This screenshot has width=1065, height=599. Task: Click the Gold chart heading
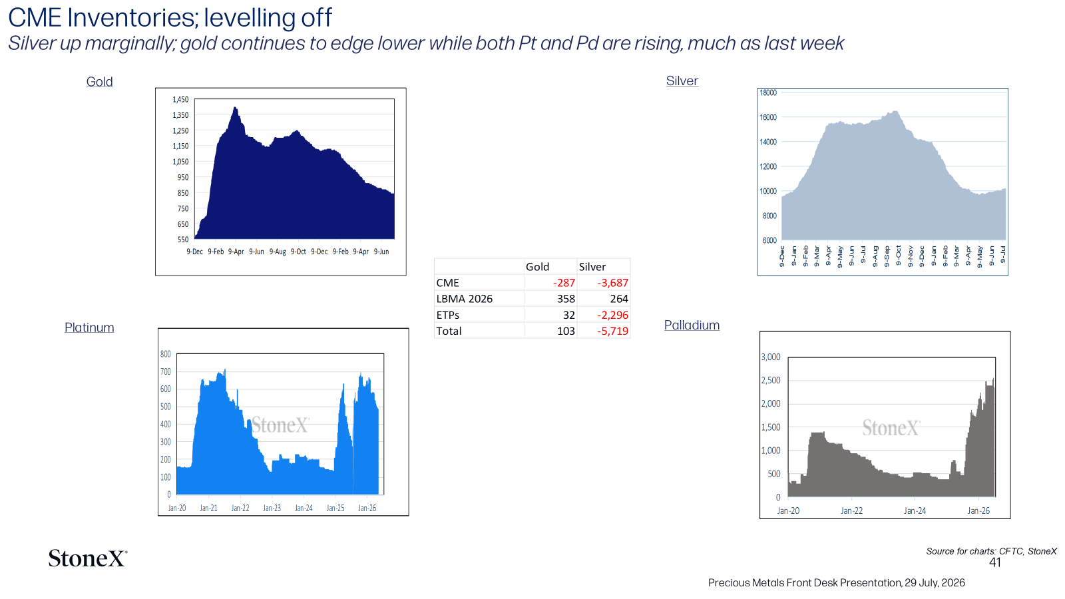click(99, 82)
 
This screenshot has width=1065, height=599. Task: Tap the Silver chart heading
click(682, 81)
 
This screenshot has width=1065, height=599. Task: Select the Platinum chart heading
click(89, 327)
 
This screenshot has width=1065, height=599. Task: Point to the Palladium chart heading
click(692, 325)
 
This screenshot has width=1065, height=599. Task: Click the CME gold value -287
click(564, 283)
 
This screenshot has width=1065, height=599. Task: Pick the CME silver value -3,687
click(612, 283)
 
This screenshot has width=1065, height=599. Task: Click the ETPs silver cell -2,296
click(612, 315)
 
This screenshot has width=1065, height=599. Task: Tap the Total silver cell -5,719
click(612, 331)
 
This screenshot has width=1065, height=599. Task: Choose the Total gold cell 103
click(566, 331)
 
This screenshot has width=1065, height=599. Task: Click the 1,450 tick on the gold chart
click(180, 100)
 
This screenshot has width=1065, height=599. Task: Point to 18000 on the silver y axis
click(768, 93)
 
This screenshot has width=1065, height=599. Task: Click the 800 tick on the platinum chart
click(166, 354)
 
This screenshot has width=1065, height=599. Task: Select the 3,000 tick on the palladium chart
click(771, 357)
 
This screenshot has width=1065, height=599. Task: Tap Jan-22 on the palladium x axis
click(851, 511)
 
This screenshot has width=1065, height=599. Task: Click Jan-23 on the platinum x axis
click(272, 508)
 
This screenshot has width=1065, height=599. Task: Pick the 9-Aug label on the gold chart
click(278, 252)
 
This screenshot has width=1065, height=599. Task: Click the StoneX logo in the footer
click(88, 558)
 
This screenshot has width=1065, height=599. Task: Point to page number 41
click(995, 563)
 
